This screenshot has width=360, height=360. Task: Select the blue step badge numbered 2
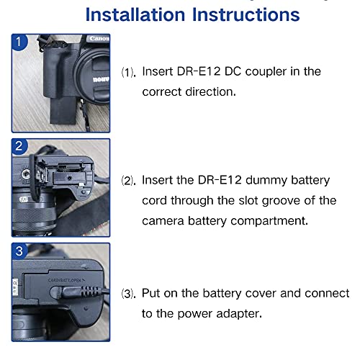(x=19, y=146)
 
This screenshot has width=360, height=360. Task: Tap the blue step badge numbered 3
(x=19, y=252)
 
